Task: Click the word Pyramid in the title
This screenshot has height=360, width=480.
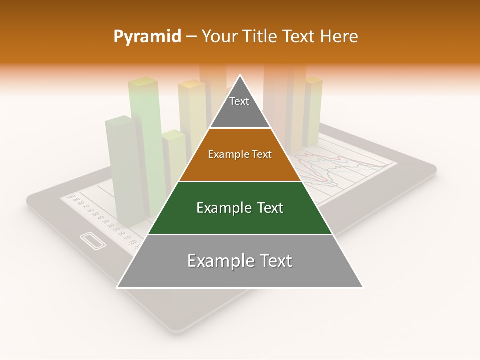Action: tap(147, 37)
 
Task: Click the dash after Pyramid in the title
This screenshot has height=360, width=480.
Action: tap(191, 37)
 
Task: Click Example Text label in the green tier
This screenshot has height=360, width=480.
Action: tap(240, 208)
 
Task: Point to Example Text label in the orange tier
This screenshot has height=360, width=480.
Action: tap(240, 154)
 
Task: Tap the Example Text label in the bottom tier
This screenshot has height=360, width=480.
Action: tap(240, 261)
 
